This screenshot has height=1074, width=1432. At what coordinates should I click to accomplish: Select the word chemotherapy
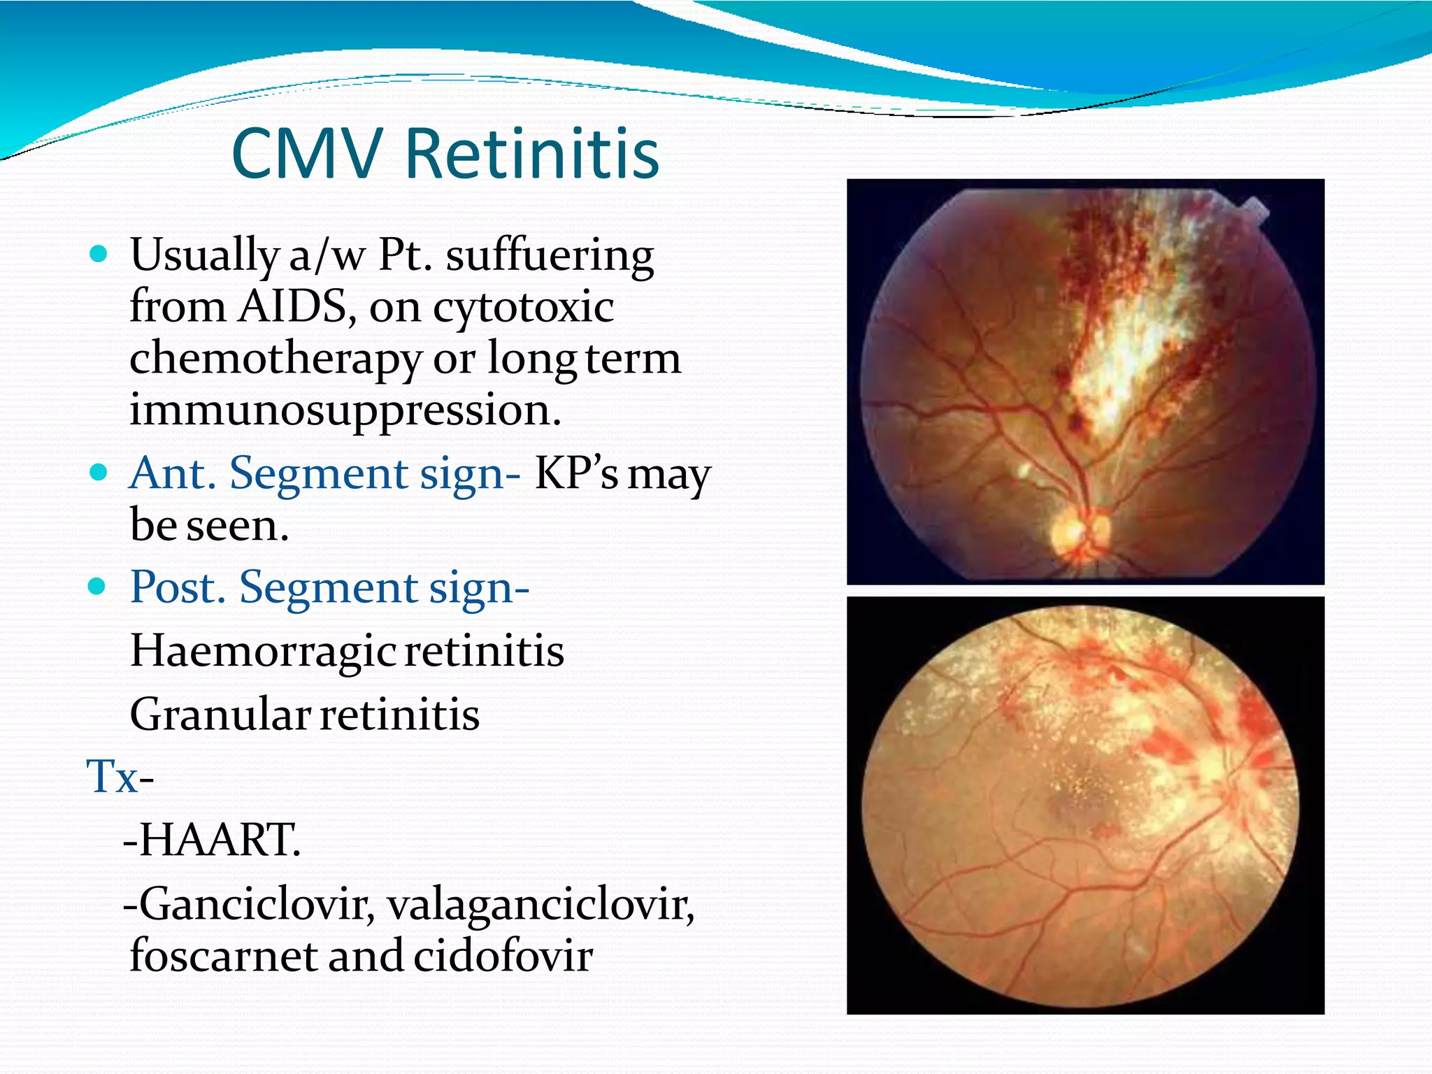[275, 359]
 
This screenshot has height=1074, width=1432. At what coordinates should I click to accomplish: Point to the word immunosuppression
[345, 410]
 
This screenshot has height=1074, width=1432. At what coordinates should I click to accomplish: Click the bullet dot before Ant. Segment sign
[99, 472]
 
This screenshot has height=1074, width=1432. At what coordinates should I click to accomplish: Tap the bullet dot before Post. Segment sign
[99, 586]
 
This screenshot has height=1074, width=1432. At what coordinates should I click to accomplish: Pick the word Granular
[220, 715]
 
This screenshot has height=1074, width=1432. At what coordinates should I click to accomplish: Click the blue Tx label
[113, 777]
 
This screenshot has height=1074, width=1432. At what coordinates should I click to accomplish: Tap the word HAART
[219, 840]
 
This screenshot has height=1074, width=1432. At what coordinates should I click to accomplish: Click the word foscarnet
[223, 956]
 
